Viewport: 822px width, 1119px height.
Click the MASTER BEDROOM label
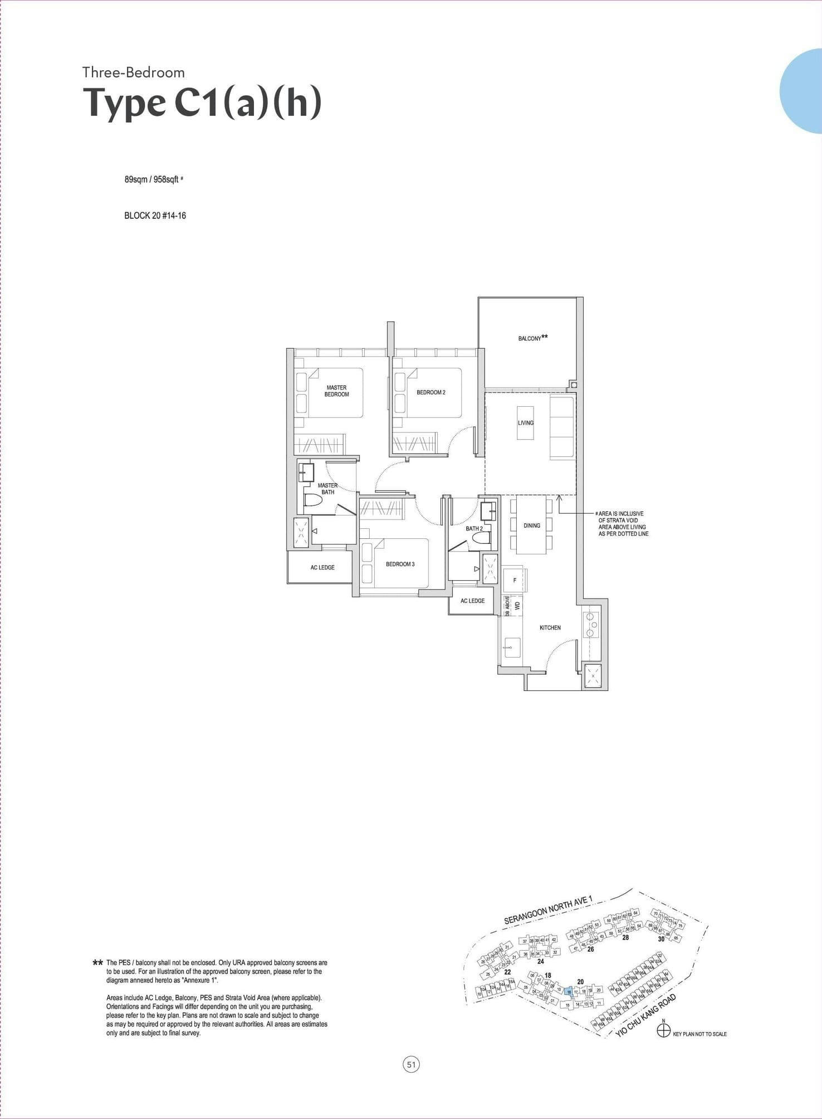(336, 391)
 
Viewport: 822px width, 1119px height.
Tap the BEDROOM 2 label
(430, 392)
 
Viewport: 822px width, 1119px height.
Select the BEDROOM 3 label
(400, 564)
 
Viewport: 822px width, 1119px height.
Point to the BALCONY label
(530, 338)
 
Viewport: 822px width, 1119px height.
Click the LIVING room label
(525, 422)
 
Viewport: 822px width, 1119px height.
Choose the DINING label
(531, 526)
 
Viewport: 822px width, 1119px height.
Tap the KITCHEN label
(550, 627)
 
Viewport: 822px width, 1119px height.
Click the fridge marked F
(515, 580)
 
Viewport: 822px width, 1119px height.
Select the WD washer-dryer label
(517, 605)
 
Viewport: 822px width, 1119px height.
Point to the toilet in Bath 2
(481, 538)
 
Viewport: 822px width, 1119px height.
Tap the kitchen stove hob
(590, 625)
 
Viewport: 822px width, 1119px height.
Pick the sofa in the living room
(562, 427)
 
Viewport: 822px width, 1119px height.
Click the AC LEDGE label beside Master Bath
(322, 567)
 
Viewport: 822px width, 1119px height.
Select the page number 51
(411, 1065)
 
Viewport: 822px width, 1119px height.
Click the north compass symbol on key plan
(663, 1030)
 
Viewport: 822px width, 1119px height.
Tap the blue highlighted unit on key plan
(567, 991)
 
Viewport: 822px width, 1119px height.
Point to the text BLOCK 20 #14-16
(155, 216)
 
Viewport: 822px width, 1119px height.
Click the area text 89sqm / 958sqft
(151, 179)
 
